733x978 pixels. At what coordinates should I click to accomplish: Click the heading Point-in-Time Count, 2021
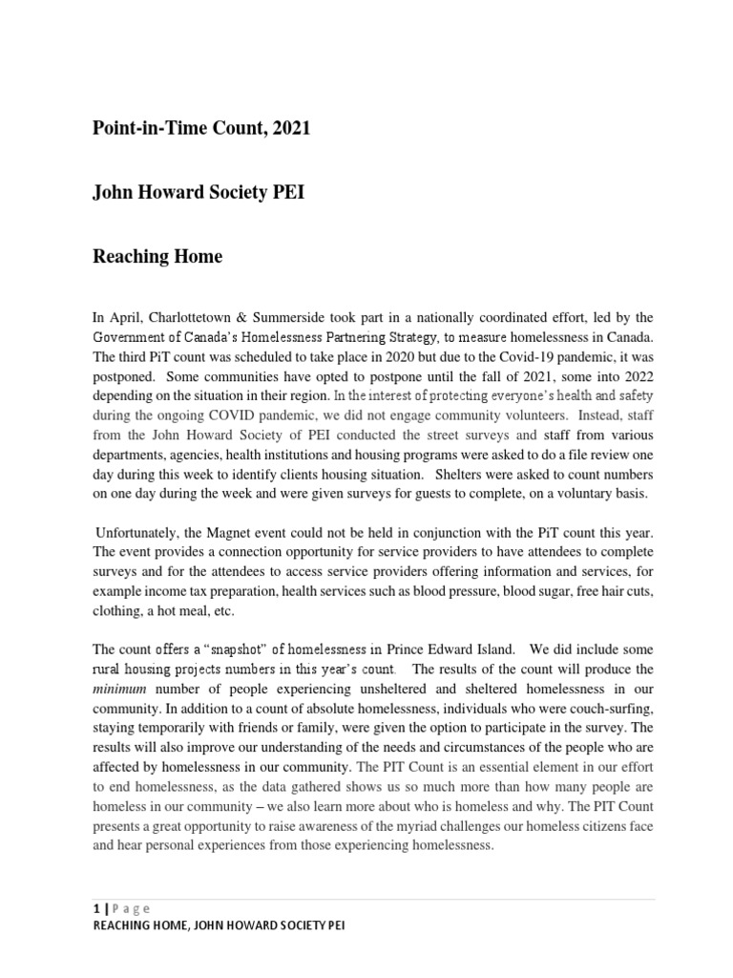pyautogui.click(x=200, y=129)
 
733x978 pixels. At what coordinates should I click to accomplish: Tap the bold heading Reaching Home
pyautogui.click(x=157, y=256)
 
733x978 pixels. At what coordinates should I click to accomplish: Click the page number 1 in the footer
pyautogui.click(x=95, y=908)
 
